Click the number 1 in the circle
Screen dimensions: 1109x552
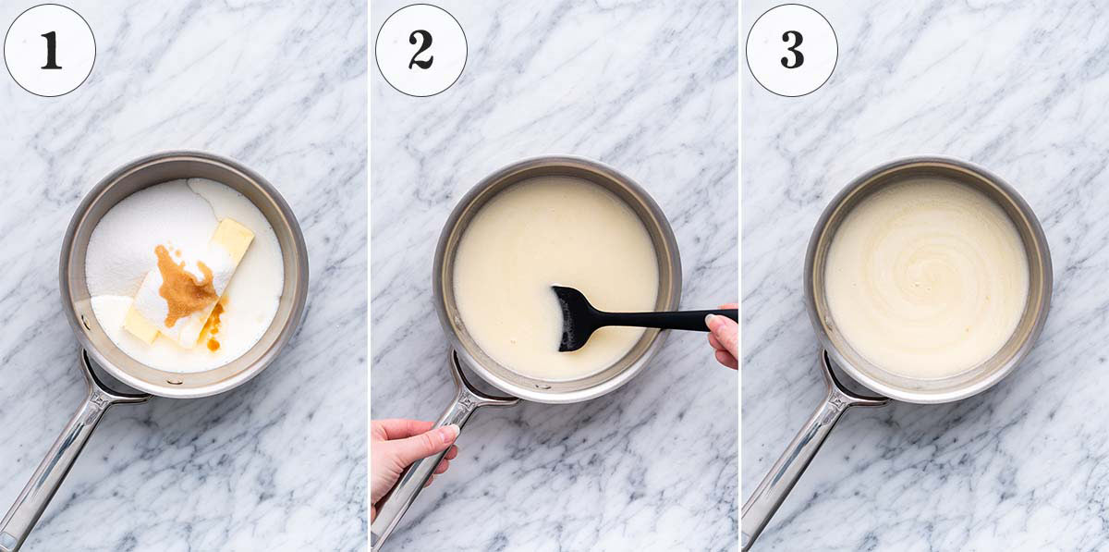click(x=51, y=51)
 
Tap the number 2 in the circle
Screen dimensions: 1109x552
click(x=420, y=51)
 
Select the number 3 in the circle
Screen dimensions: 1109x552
click(x=792, y=50)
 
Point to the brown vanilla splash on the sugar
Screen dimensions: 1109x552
click(x=186, y=285)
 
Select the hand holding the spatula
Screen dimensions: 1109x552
click(x=723, y=336)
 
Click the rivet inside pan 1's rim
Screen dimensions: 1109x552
click(x=174, y=382)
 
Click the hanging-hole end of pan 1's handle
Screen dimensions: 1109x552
click(x=7, y=541)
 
